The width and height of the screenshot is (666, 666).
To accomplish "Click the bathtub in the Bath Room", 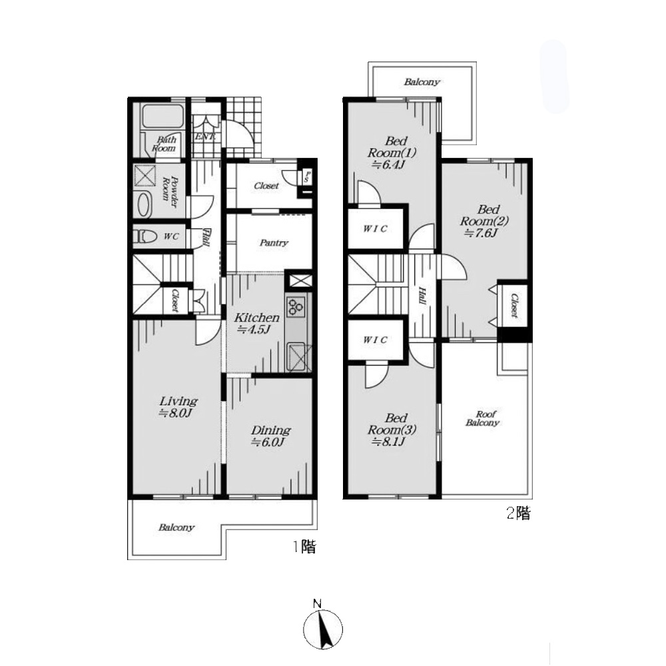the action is (x=163, y=117).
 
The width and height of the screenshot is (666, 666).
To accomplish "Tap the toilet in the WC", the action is (x=145, y=236).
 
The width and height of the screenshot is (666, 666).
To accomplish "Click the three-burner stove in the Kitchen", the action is (x=295, y=307).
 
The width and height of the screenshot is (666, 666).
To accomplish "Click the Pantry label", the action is (x=274, y=243).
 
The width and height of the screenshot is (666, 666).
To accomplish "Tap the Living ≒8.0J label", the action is (x=178, y=406).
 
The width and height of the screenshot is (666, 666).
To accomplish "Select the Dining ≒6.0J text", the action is (x=270, y=436).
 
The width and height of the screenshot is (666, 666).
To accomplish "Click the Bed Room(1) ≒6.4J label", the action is (x=392, y=153).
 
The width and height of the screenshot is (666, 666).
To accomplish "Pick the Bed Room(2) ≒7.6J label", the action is (x=484, y=221).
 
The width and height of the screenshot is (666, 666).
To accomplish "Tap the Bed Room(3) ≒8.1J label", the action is (x=392, y=430).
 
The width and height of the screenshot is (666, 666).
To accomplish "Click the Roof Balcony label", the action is (x=482, y=418).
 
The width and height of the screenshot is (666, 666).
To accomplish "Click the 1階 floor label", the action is (x=304, y=547).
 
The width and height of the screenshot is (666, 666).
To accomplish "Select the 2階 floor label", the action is (x=519, y=513).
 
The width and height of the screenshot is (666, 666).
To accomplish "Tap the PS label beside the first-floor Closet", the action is (x=306, y=176).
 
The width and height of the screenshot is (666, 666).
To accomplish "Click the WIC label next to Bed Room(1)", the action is (x=375, y=228).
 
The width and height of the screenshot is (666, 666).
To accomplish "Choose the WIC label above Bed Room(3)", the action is (x=375, y=340).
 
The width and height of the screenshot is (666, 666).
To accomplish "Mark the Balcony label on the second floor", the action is (x=422, y=81).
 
